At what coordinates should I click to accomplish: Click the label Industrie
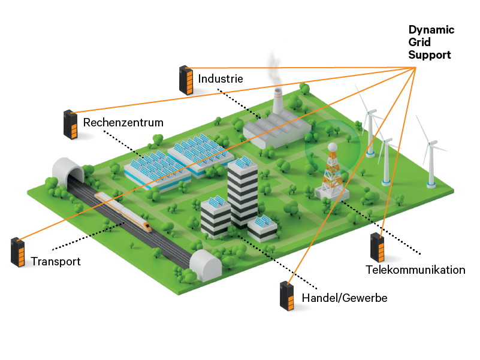point(221,78)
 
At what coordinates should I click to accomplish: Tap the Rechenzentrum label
point(123,123)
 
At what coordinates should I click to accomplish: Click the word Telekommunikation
point(415,270)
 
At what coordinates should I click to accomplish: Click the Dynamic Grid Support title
point(431,43)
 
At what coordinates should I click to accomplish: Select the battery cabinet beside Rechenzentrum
point(71,125)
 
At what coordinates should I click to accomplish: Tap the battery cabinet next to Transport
point(18,252)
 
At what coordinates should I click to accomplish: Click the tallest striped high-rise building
point(243,192)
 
